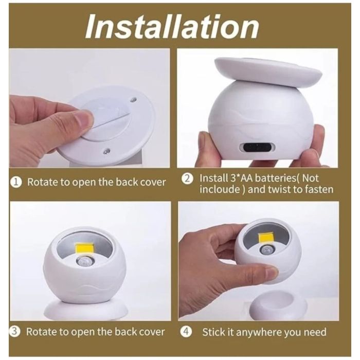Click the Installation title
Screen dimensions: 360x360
pyautogui.click(x=172, y=27)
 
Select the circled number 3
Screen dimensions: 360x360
pyautogui.click(x=15, y=332)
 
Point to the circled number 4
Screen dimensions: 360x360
pyautogui.click(x=186, y=332)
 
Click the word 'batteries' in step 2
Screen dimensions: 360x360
pyautogui.click(x=276, y=178)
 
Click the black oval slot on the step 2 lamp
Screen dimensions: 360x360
pyautogui.click(x=257, y=148)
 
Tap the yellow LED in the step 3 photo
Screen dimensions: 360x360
pyautogui.click(x=84, y=251)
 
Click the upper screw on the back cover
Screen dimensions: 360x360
pyautogui.click(x=133, y=100)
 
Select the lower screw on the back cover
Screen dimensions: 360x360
pyautogui.click(x=105, y=151)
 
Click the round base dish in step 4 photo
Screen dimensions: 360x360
pyautogui.click(x=278, y=305)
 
